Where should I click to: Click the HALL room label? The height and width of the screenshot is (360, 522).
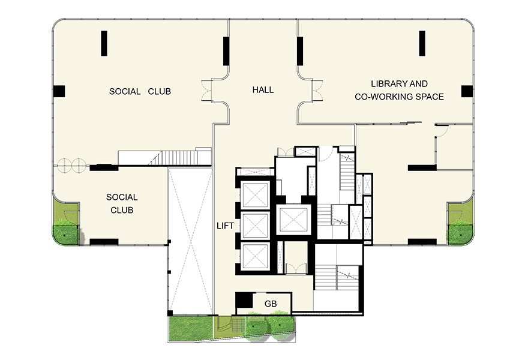pyautogui.click(x=263, y=89)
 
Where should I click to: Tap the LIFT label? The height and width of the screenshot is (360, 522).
pyautogui.click(x=225, y=226)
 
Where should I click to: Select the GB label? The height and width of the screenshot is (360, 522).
pyautogui.click(x=271, y=304)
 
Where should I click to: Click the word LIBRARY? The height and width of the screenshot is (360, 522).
pyautogui.click(x=386, y=83)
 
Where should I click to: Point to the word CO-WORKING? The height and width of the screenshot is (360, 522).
pyautogui.click(x=379, y=97)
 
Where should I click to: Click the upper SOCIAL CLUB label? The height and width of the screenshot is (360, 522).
pyautogui.click(x=140, y=91)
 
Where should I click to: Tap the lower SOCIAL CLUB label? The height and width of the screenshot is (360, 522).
pyautogui.click(x=122, y=203)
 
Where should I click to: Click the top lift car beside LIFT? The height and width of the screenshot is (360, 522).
pyautogui.click(x=256, y=195)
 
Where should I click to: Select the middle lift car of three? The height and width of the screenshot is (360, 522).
pyautogui.click(x=256, y=226)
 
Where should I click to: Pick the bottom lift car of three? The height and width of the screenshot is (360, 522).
pyautogui.click(x=256, y=256)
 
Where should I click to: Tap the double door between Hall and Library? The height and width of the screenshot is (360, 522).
pyautogui.click(x=317, y=90)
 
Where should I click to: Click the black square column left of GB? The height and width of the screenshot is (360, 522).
pyautogui.click(x=244, y=300)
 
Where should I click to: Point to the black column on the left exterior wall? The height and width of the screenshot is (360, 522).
pyautogui.click(x=59, y=91)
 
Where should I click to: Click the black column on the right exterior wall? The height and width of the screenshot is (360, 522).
pyautogui.click(x=467, y=91)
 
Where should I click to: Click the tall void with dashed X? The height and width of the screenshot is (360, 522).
pyautogui.click(x=190, y=241)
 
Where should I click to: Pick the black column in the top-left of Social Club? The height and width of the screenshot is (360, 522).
pyautogui.click(x=104, y=43)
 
